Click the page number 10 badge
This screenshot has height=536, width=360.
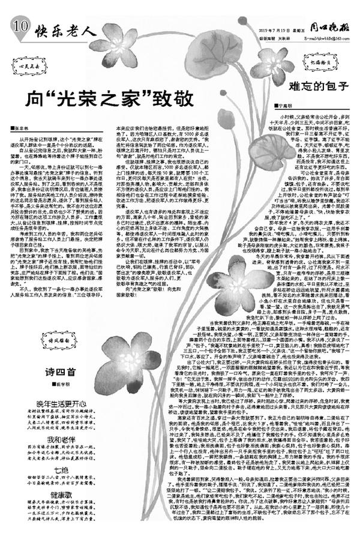tap(19, 26)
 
